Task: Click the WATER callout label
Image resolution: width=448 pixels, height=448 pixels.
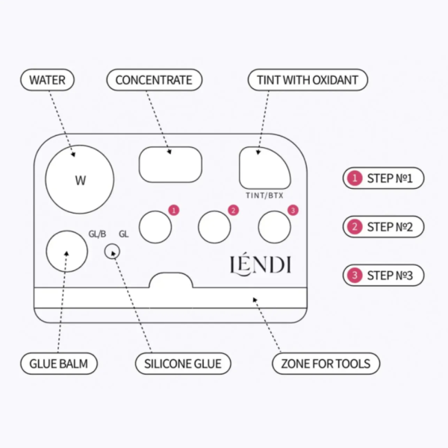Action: point(48,80)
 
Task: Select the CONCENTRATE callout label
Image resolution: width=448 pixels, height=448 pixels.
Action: point(155,80)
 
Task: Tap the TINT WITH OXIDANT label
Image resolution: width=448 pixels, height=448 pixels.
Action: point(308,80)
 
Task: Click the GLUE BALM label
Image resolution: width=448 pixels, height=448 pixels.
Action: point(59,364)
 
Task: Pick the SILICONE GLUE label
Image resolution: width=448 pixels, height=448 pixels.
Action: point(183,364)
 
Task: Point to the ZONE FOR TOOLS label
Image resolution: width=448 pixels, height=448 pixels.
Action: point(326,364)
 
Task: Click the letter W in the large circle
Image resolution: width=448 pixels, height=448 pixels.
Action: point(81,181)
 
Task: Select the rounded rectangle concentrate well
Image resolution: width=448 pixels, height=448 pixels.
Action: point(170,164)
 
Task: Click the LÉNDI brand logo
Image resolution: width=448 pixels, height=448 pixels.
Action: point(261,265)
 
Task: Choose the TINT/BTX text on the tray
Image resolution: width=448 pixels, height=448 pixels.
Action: point(264,196)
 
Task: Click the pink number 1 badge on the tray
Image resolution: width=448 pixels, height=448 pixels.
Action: point(174,211)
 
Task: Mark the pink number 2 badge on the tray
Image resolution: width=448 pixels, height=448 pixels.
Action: point(234,211)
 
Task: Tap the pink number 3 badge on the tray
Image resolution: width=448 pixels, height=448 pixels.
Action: point(293,211)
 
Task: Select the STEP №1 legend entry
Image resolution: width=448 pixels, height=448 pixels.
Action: point(384,178)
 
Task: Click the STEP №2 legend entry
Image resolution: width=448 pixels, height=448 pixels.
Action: point(384,227)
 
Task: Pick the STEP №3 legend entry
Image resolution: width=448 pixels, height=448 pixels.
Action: point(384,276)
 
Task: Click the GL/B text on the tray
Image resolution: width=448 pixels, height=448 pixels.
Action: point(97,234)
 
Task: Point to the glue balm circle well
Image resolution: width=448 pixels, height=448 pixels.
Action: point(67,252)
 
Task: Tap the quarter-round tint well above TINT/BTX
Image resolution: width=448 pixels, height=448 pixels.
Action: point(264,168)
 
